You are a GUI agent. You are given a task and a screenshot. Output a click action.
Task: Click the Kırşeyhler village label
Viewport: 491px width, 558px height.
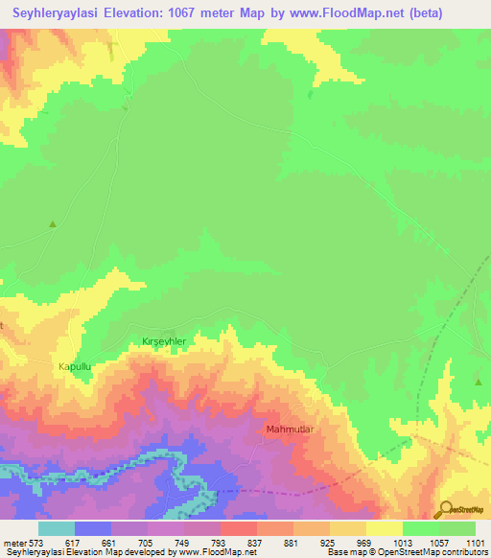point(170,341)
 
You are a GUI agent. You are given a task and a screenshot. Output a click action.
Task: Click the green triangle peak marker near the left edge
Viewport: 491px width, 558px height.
point(53,224)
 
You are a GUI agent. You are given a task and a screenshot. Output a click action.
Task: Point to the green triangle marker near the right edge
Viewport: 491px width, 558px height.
point(478,382)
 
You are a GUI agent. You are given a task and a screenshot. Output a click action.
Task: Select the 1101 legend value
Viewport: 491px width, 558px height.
point(476,544)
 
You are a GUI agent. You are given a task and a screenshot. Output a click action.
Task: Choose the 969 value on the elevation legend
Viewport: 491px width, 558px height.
point(366,544)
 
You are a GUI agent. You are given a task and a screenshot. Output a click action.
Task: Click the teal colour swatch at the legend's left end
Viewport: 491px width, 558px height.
point(56,528)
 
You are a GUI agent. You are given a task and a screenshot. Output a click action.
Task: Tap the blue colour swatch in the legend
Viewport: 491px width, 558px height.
point(93,528)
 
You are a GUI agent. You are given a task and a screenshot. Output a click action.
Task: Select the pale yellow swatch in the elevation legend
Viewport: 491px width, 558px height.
point(385,528)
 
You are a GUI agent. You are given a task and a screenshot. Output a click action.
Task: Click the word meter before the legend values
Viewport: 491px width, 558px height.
point(14,544)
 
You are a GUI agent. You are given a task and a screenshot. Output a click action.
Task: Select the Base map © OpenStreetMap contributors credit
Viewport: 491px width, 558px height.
point(406,553)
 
